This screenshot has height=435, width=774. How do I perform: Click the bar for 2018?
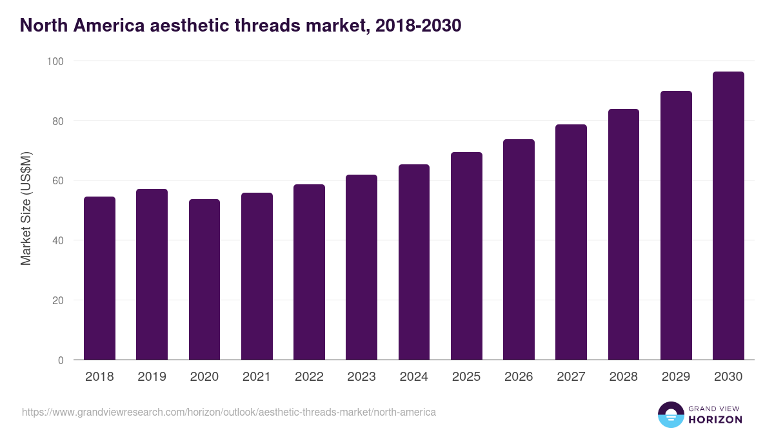[x=99, y=278]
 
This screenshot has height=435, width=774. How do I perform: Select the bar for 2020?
[x=204, y=280]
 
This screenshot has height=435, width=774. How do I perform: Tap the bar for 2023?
[x=361, y=267]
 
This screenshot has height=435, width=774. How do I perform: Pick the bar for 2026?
[x=519, y=249]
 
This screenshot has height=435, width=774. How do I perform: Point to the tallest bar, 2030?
[x=728, y=216]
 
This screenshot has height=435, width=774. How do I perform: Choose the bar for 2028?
[x=624, y=235]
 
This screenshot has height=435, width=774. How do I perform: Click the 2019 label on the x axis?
[x=152, y=377]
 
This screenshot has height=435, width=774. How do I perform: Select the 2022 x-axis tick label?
[x=309, y=377]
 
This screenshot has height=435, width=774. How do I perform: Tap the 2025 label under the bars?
[x=466, y=377]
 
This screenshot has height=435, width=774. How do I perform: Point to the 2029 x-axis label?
[x=676, y=377]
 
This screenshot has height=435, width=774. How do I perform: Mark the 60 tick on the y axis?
[x=57, y=180]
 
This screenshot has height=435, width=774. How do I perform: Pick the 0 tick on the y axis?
[x=61, y=360]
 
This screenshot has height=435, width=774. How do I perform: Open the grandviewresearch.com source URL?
[x=229, y=412]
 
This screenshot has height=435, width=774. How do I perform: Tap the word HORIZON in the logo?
[x=715, y=420]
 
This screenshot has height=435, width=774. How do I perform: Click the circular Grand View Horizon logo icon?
[x=671, y=414]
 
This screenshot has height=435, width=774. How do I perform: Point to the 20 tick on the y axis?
[x=57, y=300]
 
